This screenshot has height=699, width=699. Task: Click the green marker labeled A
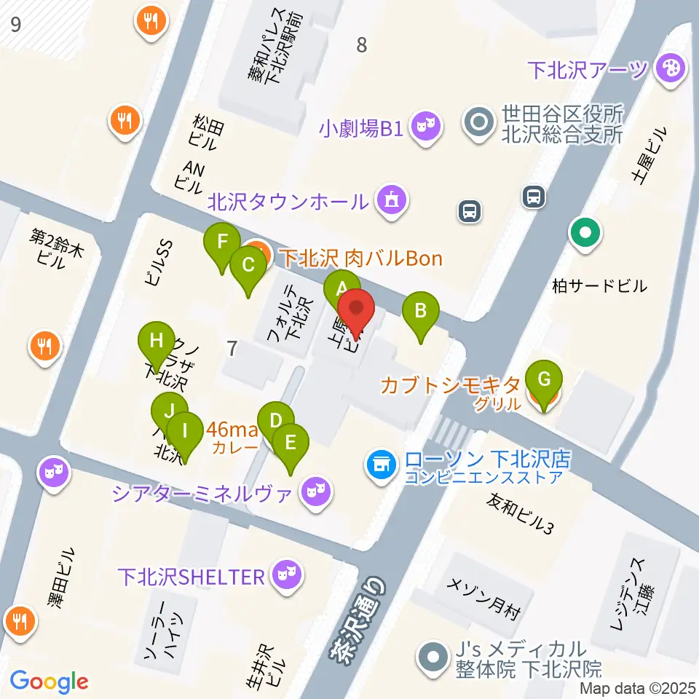(341, 288)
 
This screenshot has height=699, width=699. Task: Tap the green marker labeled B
(421, 311)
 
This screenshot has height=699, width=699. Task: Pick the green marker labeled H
(156, 340)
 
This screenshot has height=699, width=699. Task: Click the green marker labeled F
(224, 242)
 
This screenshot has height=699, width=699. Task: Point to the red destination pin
(357, 312)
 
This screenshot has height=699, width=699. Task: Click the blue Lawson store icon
(380, 461)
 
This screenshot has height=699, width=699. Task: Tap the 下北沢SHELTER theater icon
(282, 577)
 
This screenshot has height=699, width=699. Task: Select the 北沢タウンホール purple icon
(391, 200)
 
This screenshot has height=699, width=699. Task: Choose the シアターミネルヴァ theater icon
(315, 493)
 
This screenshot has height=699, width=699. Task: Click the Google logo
(49, 681)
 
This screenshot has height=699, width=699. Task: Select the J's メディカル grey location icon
(433, 657)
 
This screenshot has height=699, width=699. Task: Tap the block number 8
(361, 45)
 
